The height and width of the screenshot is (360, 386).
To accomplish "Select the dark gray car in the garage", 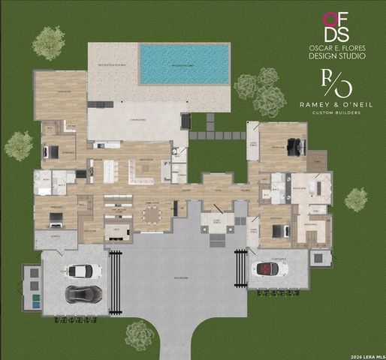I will [83, 293].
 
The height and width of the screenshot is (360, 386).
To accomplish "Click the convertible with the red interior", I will [271, 268].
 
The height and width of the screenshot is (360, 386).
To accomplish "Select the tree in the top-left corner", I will [49, 42].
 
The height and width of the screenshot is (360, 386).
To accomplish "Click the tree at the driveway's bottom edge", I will [139, 334].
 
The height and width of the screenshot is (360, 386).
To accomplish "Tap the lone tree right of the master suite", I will [356, 199].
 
